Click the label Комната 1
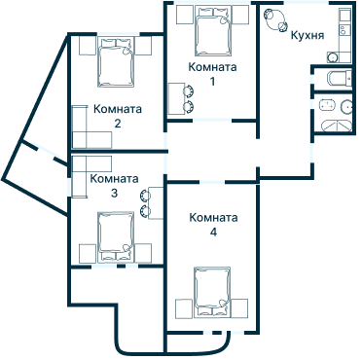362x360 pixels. click(213, 74)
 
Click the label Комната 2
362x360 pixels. click(117, 117)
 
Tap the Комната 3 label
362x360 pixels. click(113, 186)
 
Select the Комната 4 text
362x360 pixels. click(212, 225)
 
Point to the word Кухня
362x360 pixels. click(307, 36)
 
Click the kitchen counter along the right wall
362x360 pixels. click(344, 34)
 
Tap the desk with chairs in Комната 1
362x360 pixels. click(181, 98)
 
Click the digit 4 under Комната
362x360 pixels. click(213, 234)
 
